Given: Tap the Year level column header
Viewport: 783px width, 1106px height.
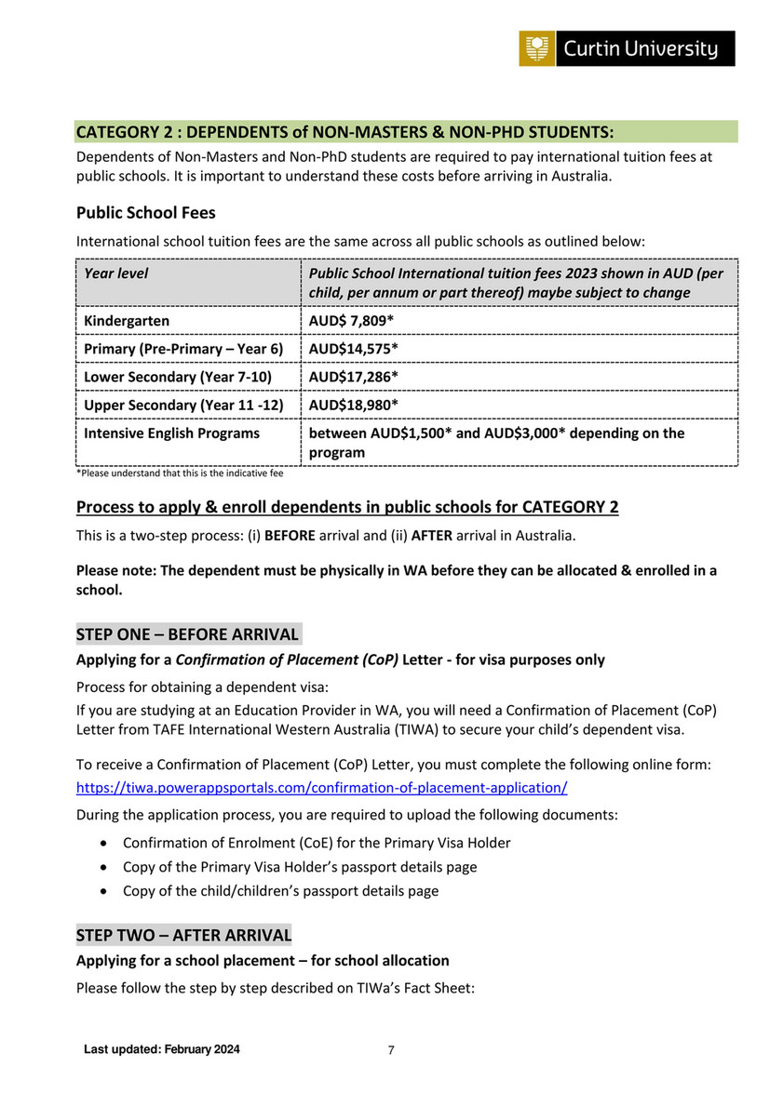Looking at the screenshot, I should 116,273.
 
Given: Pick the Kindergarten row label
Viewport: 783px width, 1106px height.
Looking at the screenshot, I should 127,321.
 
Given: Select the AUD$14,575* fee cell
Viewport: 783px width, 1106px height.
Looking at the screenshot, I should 354,349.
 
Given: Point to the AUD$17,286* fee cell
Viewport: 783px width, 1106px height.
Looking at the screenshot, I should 354,377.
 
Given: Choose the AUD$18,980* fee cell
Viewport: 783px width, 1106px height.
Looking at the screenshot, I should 354,406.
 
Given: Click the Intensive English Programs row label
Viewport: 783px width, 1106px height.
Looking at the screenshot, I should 172,433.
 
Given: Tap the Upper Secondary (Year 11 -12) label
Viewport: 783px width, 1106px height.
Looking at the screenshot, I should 183,406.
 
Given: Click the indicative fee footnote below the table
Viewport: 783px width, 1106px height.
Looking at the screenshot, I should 179,473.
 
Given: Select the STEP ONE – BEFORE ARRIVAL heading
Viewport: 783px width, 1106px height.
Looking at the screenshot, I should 187,635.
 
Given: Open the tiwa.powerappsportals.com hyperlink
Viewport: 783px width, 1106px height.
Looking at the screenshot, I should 321,788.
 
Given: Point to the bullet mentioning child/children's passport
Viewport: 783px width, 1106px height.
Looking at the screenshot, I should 280,891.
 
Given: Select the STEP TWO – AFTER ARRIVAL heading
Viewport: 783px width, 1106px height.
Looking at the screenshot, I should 183,935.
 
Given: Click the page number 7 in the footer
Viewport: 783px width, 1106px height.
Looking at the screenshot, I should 391,1050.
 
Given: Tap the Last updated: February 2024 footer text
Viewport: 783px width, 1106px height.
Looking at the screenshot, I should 162,1050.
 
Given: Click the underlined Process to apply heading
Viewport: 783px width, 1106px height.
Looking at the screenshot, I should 347,507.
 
